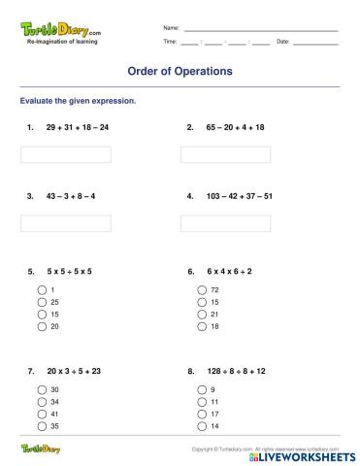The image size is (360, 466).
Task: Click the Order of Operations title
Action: pyautogui.click(x=180, y=72)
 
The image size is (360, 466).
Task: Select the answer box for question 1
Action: pyautogui.click(x=65, y=153)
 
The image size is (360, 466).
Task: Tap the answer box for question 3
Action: pyautogui.click(x=65, y=221)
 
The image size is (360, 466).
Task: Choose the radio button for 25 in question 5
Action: pyautogui.click(x=42, y=302)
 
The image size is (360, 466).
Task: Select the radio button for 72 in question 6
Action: pyautogui.click(x=202, y=290)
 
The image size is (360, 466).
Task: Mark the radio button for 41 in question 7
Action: pyautogui.click(x=42, y=414)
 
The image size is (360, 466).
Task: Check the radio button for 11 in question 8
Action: pyautogui.click(x=202, y=401)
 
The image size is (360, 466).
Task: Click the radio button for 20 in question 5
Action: pyautogui.click(x=42, y=326)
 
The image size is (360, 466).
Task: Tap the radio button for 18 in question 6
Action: pyautogui.click(x=202, y=326)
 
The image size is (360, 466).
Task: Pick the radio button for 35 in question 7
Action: pyautogui.click(x=42, y=425)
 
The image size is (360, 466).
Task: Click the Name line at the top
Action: pyautogui.click(x=260, y=29)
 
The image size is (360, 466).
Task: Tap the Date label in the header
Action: pyautogui.click(x=283, y=42)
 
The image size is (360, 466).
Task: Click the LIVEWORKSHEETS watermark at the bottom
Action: pyautogui.click(x=309, y=454)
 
